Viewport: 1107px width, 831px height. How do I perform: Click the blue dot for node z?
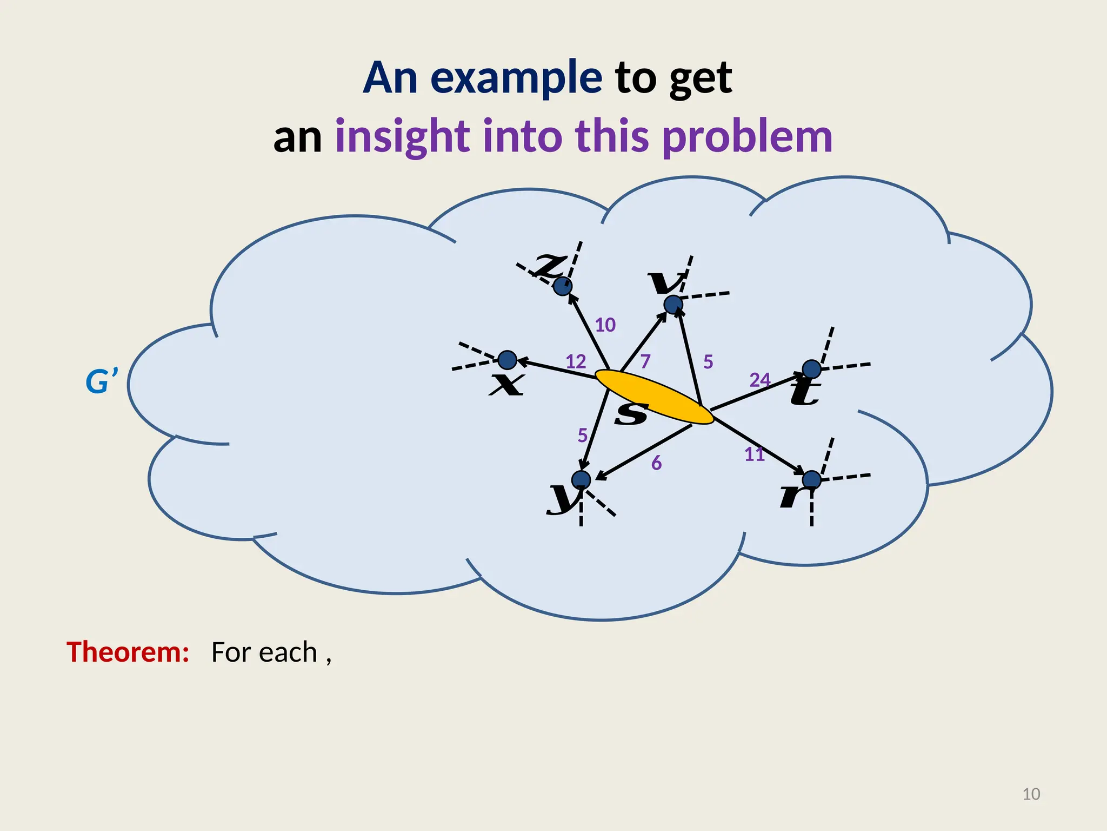563,286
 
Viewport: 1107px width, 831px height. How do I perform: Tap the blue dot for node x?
507,360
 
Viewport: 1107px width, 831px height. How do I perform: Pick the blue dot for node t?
811,370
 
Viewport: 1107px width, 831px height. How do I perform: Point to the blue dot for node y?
581,480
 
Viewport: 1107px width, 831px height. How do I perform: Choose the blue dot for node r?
811,479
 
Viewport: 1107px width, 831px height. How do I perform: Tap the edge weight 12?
576,361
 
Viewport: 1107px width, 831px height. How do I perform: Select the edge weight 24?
759,380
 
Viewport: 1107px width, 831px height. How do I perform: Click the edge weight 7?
645,361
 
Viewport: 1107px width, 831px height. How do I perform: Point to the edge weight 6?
656,463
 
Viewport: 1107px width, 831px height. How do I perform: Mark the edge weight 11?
755,454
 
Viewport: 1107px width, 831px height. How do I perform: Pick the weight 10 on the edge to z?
605,325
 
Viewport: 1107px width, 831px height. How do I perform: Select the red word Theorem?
128,652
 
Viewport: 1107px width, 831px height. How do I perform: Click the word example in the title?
516,78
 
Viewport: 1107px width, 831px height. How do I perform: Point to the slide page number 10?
1031,794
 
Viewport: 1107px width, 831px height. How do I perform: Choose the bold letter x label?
506,385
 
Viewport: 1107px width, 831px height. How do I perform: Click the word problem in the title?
747,136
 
